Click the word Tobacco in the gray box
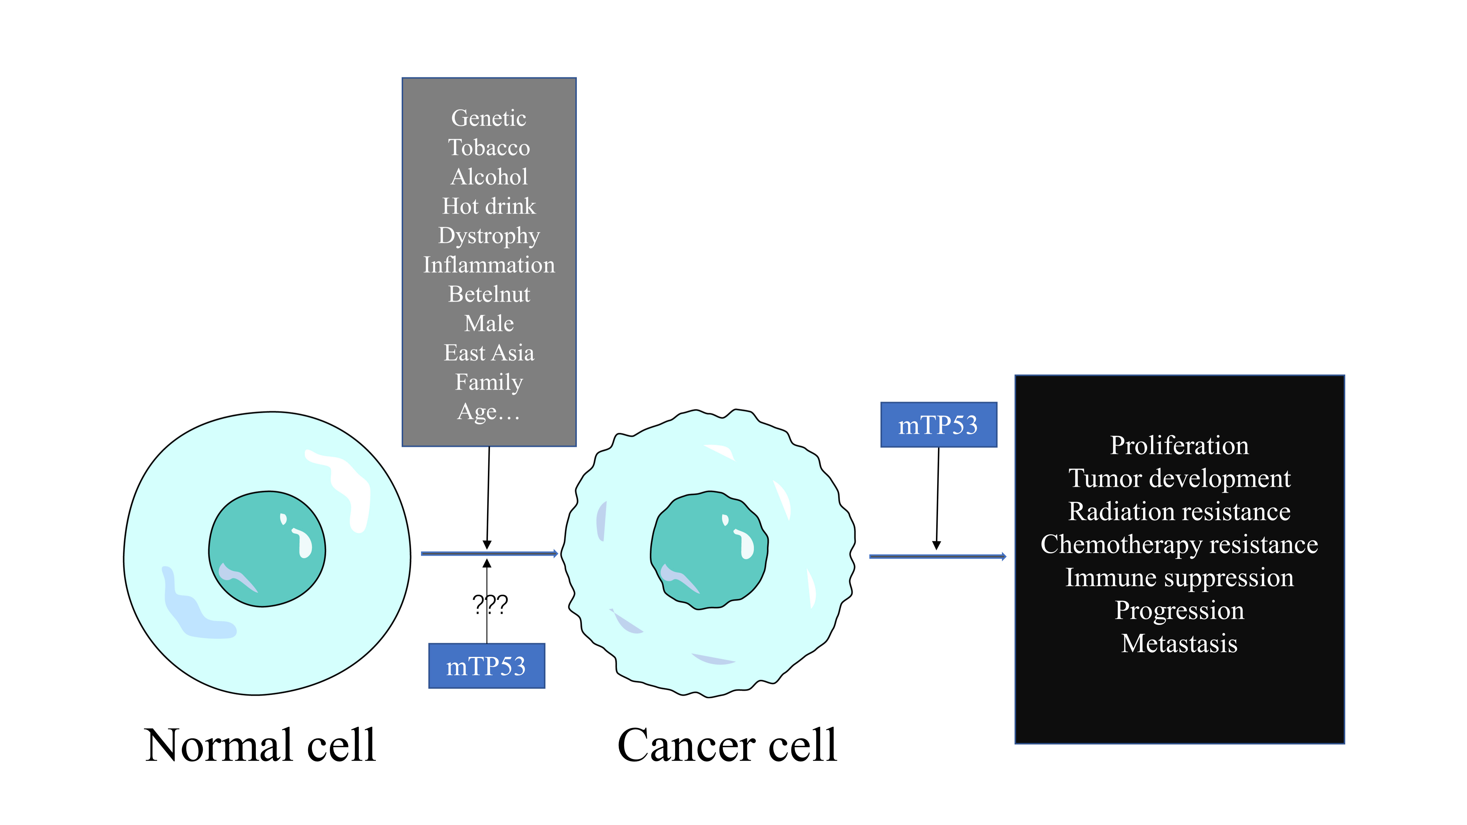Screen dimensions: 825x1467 click(x=489, y=148)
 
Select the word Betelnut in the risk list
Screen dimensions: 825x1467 click(x=489, y=294)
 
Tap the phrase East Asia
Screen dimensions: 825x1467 click(x=489, y=353)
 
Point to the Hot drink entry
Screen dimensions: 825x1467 click(x=489, y=206)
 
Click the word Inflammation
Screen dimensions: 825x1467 click(x=489, y=265)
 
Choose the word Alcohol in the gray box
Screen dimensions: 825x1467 click(x=489, y=177)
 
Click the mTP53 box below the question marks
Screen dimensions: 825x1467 click(x=486, y=666)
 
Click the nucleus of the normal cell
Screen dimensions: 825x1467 click(x=266, y=550)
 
